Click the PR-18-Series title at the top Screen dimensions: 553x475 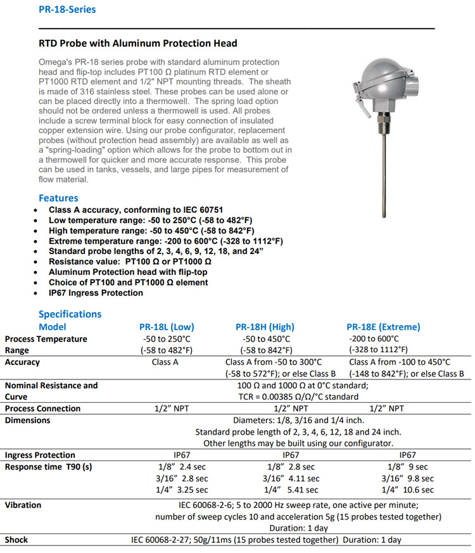pos(66,10)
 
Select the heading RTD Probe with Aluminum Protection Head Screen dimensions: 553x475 pos(138,44)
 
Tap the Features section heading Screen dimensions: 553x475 pos(58,198)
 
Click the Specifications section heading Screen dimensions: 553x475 pos(70,314)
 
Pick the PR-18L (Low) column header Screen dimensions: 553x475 pos(167,327)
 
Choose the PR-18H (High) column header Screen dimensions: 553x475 pos(265,327)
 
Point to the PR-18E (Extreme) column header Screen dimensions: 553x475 pos(383,327)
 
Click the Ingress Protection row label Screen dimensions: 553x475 pos(40,455)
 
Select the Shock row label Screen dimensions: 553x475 pos(16,540)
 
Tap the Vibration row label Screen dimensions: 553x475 pos(23,505)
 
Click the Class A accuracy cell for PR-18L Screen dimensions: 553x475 pos(166,362)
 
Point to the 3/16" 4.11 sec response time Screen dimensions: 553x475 pos(291,478)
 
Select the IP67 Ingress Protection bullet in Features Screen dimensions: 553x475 pos(96,293)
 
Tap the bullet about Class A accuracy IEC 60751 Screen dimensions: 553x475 pos(136,210)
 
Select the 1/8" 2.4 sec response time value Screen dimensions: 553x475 pos(182,467)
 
